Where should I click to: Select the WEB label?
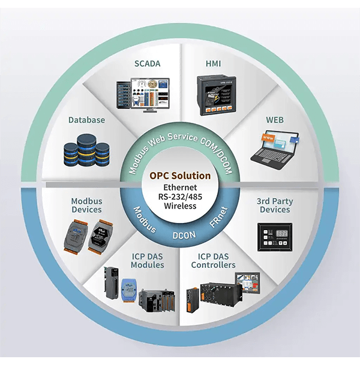tap(275, 120)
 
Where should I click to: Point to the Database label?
tap(86, 120)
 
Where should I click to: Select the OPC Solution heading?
tap(180, 176)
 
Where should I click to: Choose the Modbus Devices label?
tap(86, 205)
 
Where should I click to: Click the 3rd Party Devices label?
tap(275, 205)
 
